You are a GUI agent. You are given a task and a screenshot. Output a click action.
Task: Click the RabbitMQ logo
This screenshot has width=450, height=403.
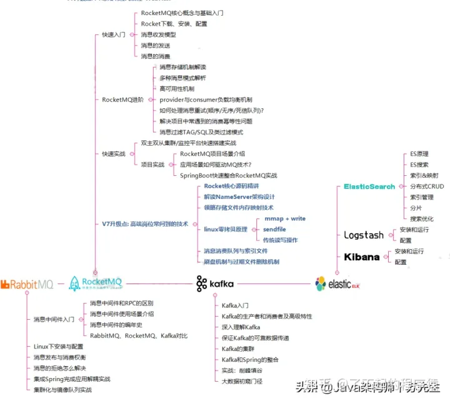tap(27, 285)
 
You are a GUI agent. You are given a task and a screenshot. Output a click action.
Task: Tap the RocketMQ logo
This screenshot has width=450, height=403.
tap(96, 283)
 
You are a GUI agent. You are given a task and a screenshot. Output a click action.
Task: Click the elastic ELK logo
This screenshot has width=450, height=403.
tap(338, 284)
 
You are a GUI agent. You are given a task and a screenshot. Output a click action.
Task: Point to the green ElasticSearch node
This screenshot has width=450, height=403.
tap(369, 186)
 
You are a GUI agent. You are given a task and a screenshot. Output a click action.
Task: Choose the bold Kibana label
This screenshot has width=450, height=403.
tap(362, 257)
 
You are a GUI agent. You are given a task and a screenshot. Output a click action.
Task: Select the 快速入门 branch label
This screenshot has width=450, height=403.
tap(114, 34)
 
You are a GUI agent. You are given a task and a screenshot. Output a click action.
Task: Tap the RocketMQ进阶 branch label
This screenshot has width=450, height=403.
tap(122, 99)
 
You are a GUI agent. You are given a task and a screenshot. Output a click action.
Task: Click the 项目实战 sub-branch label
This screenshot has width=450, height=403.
tap(152, 165)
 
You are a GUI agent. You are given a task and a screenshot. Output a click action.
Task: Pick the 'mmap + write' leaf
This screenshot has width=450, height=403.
tap(285, 218)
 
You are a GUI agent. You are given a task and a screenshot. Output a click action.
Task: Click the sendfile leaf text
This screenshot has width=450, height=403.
tap(274, 230)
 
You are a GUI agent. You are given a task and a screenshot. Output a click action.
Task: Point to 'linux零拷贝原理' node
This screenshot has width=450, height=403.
tap(226, 230)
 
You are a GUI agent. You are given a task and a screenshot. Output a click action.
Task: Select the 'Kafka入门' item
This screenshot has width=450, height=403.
tap(236, 305)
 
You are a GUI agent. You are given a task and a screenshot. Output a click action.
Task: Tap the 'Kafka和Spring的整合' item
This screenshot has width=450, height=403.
tap(250, 360)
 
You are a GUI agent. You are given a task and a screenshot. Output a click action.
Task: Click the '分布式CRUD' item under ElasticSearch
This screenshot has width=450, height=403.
tap(427, 186)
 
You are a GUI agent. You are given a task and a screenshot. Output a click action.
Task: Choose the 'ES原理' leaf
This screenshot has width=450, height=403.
tap(419, 153)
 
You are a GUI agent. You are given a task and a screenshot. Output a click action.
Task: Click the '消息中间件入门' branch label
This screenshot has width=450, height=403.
tap(54, 319)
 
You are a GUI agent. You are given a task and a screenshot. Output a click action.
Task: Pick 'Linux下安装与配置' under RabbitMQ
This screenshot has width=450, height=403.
tap(59, 346)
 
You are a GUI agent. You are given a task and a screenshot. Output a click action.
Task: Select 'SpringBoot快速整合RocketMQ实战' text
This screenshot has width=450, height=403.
tap(228, 175)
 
